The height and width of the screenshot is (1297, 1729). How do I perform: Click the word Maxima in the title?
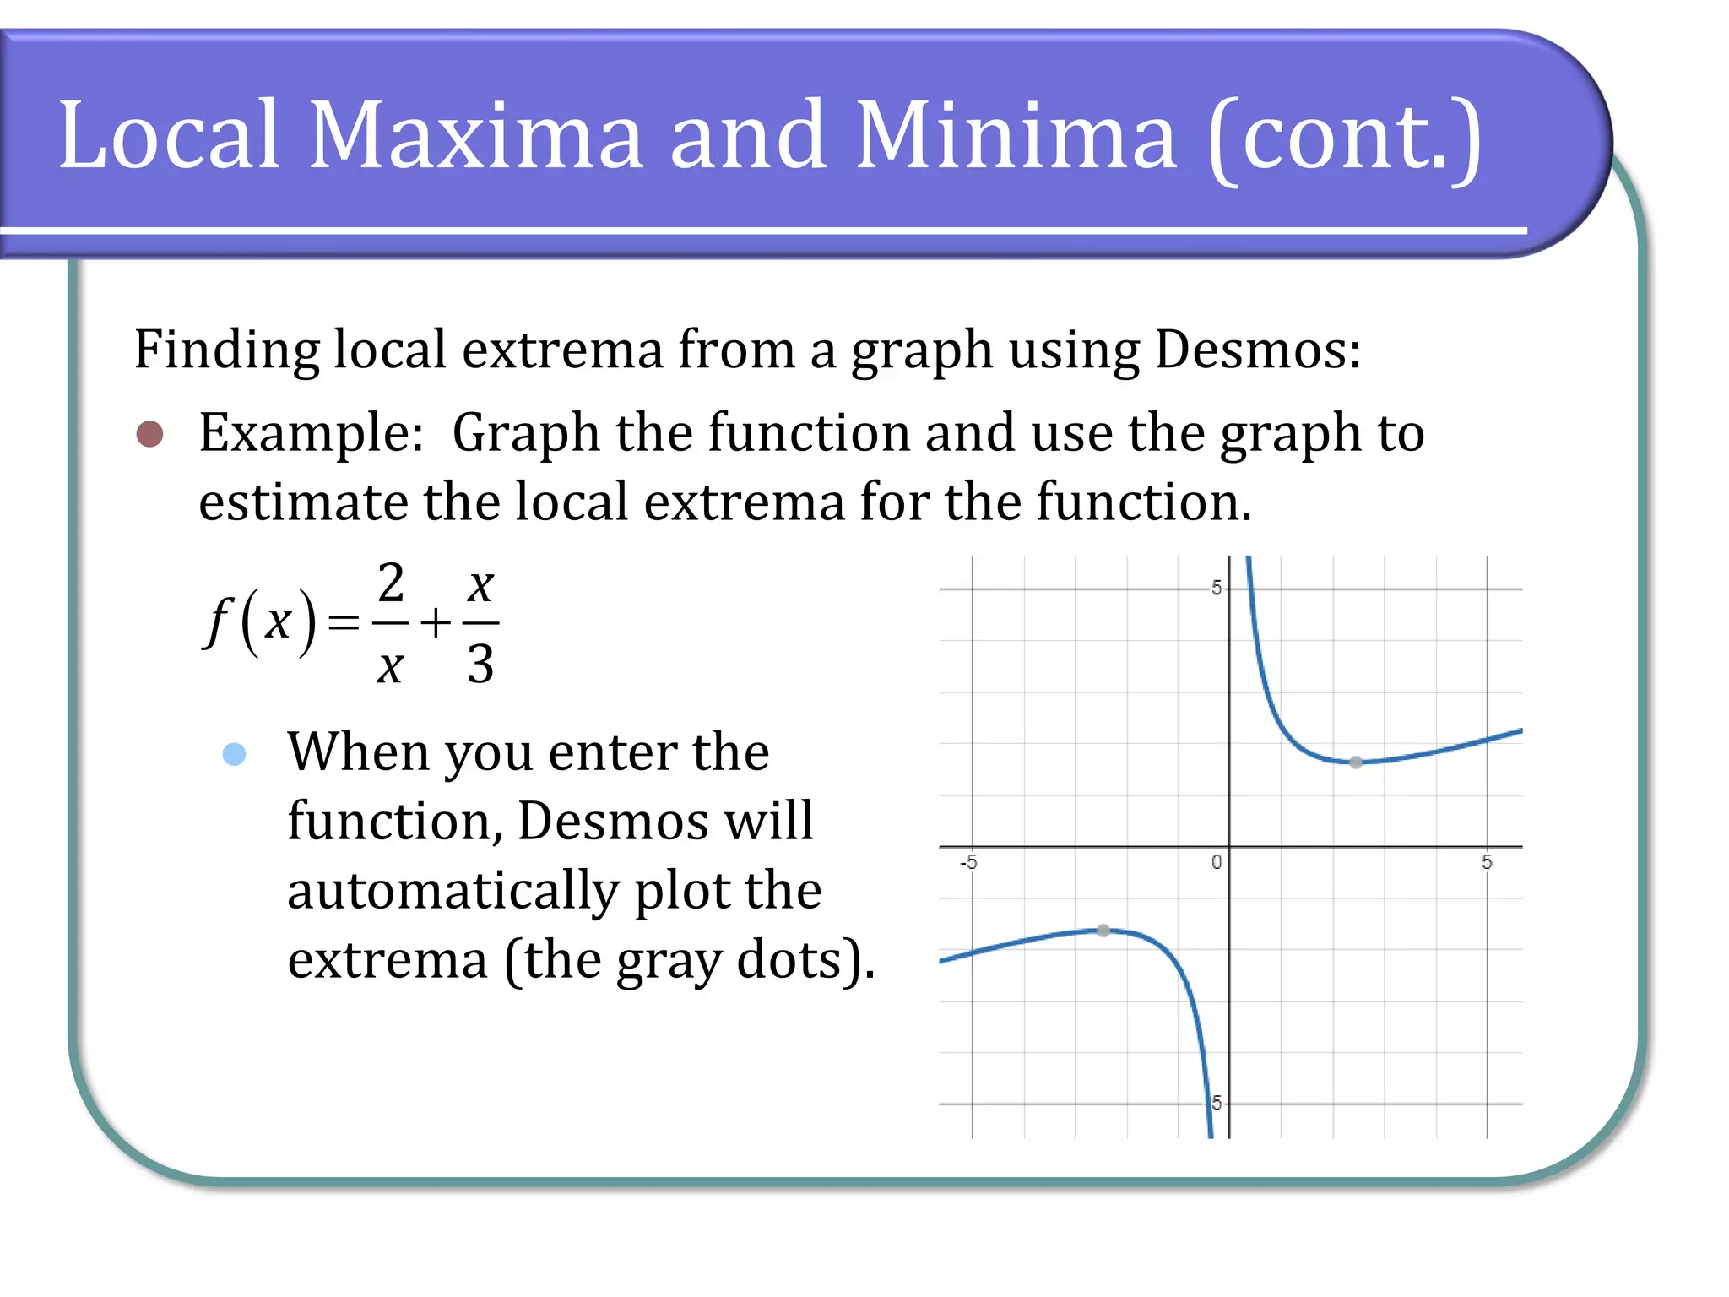tap(475, 135)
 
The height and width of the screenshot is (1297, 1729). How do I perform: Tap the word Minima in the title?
tap(1016, 135)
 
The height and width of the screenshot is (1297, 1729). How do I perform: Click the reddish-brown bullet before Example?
tap(150, 434)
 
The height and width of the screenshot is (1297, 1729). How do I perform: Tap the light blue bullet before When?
tap(234, 754)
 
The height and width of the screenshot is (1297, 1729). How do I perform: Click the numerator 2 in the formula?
tap(391, 583)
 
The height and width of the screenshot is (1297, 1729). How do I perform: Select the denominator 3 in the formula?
tap(480, 664)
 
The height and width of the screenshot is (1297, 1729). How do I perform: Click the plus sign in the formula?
tap(436, 624)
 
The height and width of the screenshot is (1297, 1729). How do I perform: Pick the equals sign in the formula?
tap(344, 624)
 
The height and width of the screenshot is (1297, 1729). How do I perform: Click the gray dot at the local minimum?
tap(1356, 762)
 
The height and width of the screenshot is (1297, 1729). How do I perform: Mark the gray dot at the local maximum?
tap(1103, 931)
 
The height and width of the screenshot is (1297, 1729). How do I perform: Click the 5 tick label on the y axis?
tap(1217, 588)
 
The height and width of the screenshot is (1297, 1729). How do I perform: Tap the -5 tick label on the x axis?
tap(969, 862)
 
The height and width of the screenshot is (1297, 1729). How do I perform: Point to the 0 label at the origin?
tap(1217, 862)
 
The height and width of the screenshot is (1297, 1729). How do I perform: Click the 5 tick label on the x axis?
tap(1487, 862)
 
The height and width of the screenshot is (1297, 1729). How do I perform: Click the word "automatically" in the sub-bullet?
tap(453, 892)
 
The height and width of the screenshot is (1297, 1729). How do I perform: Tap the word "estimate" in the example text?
tap(302, 502)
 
